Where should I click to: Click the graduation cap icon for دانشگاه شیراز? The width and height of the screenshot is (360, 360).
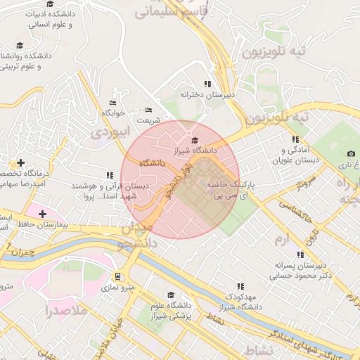pyautogui.click(x=195, y=141)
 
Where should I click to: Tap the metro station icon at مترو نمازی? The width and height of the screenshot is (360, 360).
pyautogui.click(x=117, y=276)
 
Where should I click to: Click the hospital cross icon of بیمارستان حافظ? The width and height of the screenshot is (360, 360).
pyautogui.click(x=42, y=213)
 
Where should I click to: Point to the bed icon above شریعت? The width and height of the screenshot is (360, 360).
pyautogui.click(x=148, y=110)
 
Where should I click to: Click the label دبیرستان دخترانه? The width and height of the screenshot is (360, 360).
pyautogui.click(x=207, y=94)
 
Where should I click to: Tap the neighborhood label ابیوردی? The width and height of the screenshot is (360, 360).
pyautogui.click(x=110, y=131)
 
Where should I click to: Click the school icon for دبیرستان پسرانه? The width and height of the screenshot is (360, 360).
pyautogui.click(x=301, y=255)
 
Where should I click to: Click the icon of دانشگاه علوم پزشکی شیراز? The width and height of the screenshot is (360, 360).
pyautogui.click(x=169, y=295)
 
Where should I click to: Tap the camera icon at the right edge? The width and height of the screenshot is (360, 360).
pyautogui.click(x=351, y=154)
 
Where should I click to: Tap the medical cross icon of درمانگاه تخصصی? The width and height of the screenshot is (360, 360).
pyautogui.click(x=20, y=163)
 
